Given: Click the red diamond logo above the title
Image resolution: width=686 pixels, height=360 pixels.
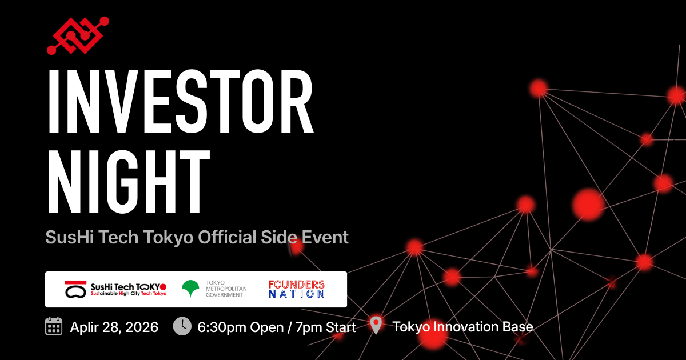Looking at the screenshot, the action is (x=78, y=35).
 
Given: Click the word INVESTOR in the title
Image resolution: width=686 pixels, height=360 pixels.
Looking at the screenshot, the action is (x=181, y=101).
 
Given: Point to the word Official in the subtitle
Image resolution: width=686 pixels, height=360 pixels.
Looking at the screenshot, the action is (x=227, y=237).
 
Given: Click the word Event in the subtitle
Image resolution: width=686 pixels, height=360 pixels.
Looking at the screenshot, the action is (x=325, y=237).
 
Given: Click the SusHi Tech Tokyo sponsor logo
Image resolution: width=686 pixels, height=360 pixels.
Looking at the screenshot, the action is (x=115, y=289).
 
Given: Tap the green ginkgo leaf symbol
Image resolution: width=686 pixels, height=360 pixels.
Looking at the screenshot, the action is (x=190, y=289).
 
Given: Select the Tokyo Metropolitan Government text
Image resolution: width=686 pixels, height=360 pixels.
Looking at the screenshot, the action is (x=226, y=289).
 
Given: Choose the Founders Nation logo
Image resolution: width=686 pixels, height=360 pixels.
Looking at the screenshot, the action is (x=297, y=289).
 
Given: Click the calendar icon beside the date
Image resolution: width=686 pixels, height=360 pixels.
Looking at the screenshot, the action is (x=54, y=326).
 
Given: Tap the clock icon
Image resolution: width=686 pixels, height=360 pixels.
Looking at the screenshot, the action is (x=182, y=326).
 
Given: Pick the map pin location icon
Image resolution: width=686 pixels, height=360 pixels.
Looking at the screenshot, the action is (x=376, y=325).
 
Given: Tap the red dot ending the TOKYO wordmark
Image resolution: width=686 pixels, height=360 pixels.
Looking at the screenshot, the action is (x=163, y=287).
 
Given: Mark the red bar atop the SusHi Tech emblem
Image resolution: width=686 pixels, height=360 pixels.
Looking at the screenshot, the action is (x=75, y=282).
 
